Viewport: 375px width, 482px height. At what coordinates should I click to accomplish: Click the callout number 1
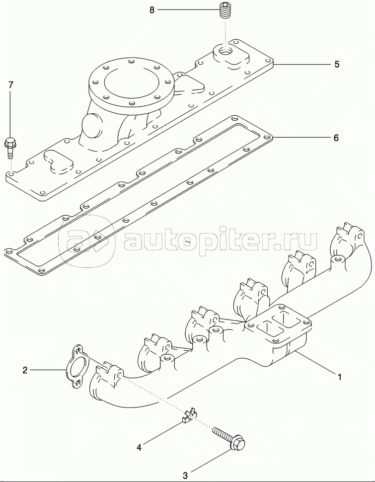tap(340, 377)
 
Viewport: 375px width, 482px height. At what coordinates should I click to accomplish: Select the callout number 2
tap(24, 369)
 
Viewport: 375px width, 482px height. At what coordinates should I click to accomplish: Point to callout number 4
tap(139, 447)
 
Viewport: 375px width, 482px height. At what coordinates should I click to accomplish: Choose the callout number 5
tap(336, 64)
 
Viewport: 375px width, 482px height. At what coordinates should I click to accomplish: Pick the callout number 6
tap(336, 138)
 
